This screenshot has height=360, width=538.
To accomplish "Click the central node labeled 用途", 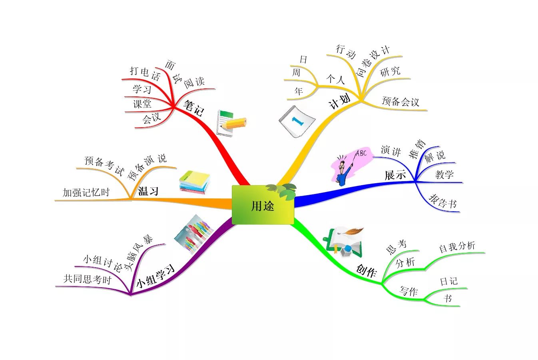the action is tap(263, 205).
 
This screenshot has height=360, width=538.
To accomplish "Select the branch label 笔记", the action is tap(194, 108).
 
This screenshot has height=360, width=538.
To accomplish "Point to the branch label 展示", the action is tap(395, 175).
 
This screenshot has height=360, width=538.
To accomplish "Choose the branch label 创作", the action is tap(366, 271).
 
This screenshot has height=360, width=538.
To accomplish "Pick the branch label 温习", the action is tap(148, 191).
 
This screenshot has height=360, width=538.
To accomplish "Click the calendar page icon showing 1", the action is tap(297, 122).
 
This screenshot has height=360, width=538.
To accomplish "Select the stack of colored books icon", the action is tap(194, 182).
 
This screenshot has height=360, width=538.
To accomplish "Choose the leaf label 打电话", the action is tap(145, 73).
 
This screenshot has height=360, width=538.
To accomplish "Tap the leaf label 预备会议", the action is tap(401, 102).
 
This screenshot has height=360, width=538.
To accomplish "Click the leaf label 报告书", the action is tap(442, 201).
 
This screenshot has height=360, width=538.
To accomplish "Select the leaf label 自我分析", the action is tap(457, 247).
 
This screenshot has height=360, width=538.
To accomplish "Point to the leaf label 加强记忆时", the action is tap(86, 192).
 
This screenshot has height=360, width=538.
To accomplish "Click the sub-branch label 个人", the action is tap(335, 79).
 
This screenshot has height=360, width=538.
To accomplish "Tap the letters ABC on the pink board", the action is tap(361, 153).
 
